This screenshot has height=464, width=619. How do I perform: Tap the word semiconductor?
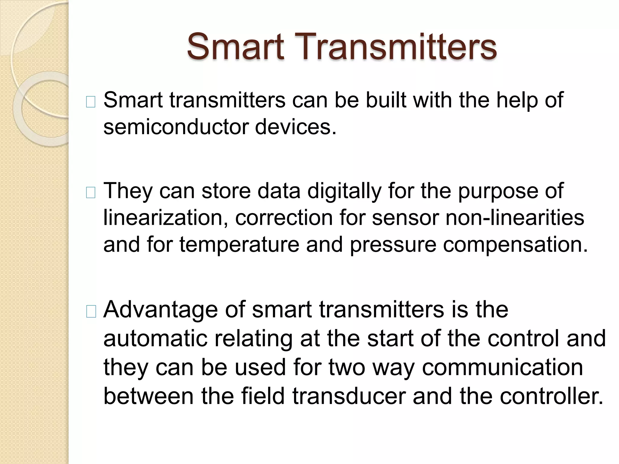176,127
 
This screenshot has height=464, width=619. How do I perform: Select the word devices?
295,127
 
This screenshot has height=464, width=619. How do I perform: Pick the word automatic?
155,338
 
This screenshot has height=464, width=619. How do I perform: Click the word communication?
502,368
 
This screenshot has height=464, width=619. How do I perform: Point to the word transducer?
349,396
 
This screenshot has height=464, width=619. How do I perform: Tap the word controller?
551,396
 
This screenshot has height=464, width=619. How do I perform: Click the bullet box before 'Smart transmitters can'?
91,102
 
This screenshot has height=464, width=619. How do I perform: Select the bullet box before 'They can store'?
91,193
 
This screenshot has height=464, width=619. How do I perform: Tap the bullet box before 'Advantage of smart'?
91,311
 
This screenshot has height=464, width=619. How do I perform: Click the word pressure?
393,245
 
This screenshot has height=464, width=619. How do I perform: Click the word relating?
253,339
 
